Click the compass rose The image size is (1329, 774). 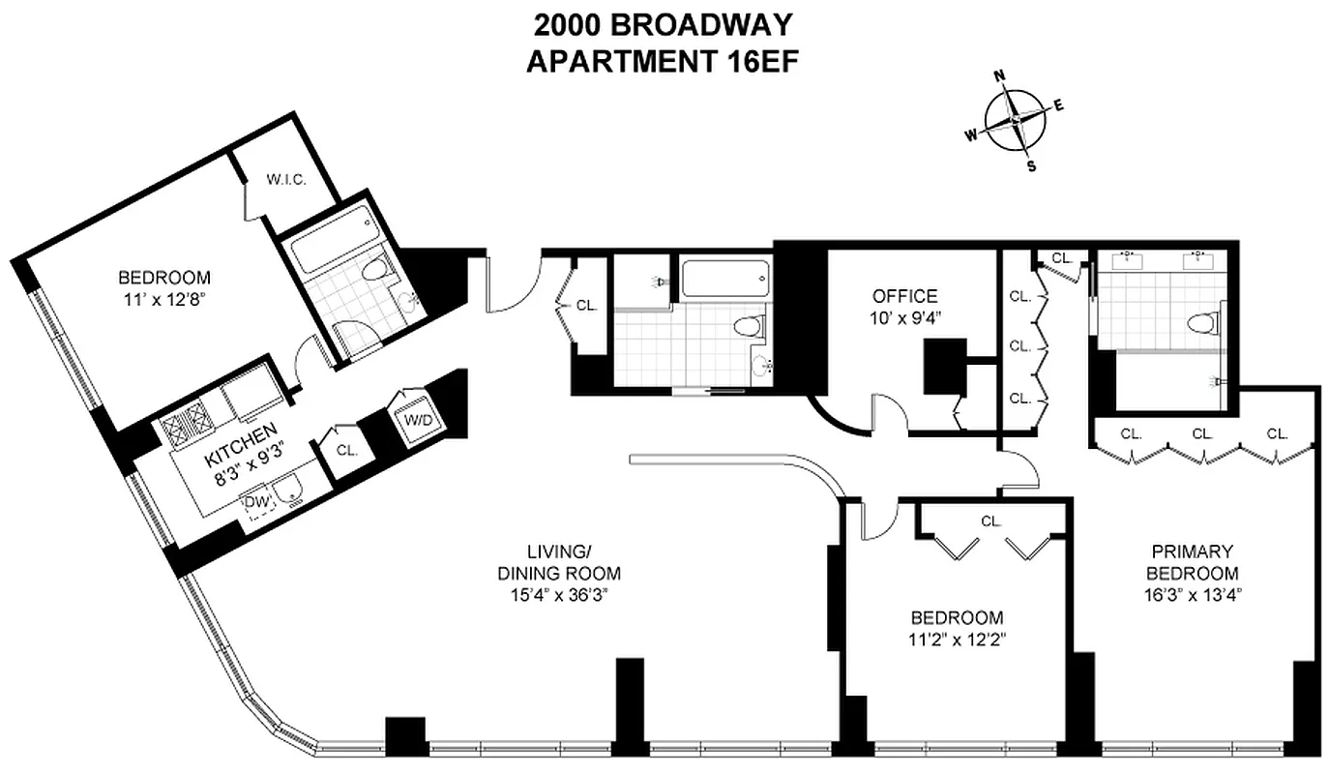(1016, 120)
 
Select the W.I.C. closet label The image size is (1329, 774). (286, 179)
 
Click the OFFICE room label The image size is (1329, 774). (904, 296)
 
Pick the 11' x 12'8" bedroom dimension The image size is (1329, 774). (161, 299)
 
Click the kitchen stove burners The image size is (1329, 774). (187, 423)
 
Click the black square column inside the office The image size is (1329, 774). (945, 366)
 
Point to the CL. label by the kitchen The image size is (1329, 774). (346, 450)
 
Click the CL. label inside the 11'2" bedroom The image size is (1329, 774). (990, 521)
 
